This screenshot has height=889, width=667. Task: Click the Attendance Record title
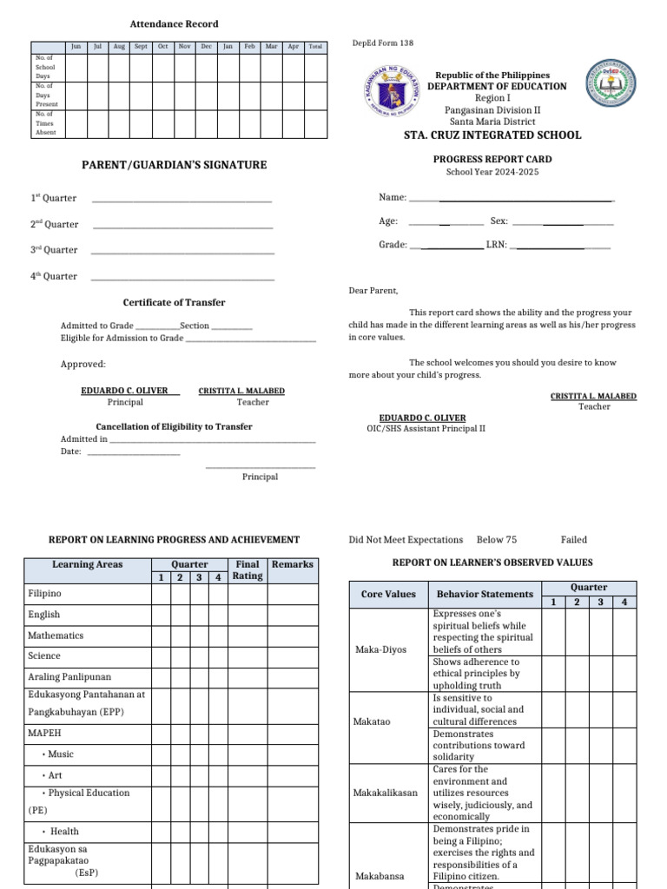click(174, 24)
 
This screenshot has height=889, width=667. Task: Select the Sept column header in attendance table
click(141, 47)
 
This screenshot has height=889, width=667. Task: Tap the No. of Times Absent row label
click(45, 123)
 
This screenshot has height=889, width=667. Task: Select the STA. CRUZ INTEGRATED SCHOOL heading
click(492, 135)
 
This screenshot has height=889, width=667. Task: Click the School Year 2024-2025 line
click(492, 172)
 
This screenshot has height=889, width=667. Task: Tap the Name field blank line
click(512, 200)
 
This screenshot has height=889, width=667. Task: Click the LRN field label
click(497, 246)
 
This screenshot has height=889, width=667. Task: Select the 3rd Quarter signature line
click(182, 253)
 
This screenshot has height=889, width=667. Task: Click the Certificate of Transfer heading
click(174, 303)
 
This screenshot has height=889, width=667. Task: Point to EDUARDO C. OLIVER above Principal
click(124, 391)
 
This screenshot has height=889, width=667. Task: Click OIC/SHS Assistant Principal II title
click(426, 429)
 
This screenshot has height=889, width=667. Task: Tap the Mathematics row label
click(56, 635)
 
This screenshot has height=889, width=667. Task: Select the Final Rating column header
click(248, 570)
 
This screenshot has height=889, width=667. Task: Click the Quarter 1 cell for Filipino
click(161, 594)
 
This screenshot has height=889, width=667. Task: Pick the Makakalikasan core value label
click(385, 793)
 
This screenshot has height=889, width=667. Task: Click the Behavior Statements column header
click(485, 595)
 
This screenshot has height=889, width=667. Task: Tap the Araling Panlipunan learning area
click(69, 676)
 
